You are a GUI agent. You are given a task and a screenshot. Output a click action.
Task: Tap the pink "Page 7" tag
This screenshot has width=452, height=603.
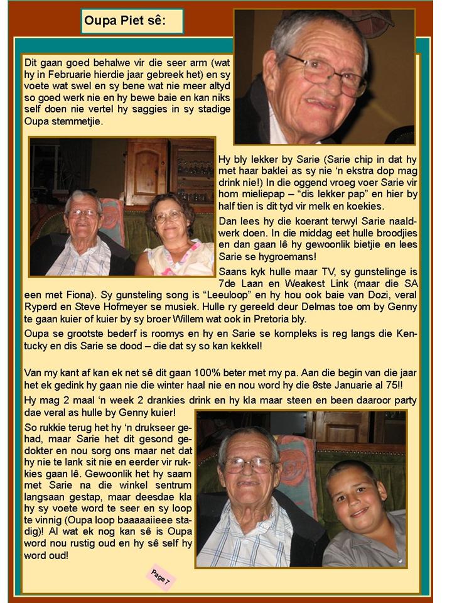coord(160,578)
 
